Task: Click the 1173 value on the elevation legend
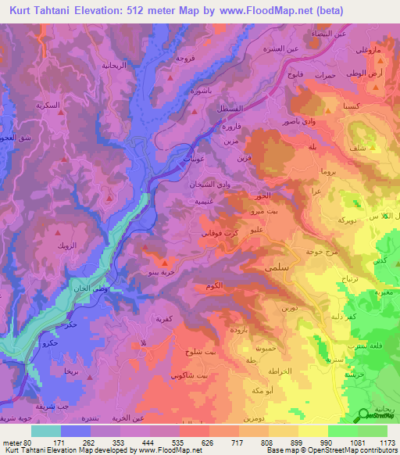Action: coord(385,442)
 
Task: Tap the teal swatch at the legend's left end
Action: coord(45,430)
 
